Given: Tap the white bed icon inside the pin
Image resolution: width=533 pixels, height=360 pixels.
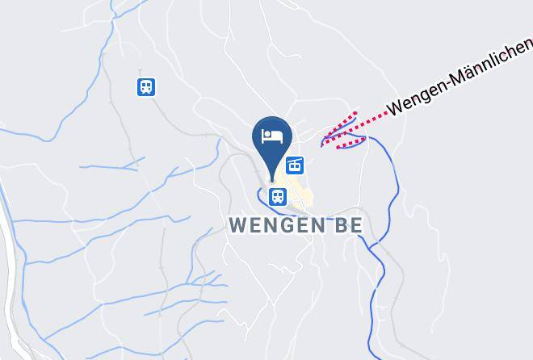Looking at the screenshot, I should click(272, 135).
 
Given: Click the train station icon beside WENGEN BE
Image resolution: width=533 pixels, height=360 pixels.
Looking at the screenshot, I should click(278, 195).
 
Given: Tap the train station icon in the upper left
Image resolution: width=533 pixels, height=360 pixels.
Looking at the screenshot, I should click(146, 86).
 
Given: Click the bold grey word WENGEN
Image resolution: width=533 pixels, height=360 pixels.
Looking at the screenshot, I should click(275, 224).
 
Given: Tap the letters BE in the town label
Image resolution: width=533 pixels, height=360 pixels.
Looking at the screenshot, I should click(346, 224).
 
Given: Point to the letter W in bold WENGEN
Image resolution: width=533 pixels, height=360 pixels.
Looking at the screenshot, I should click(238, 224).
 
